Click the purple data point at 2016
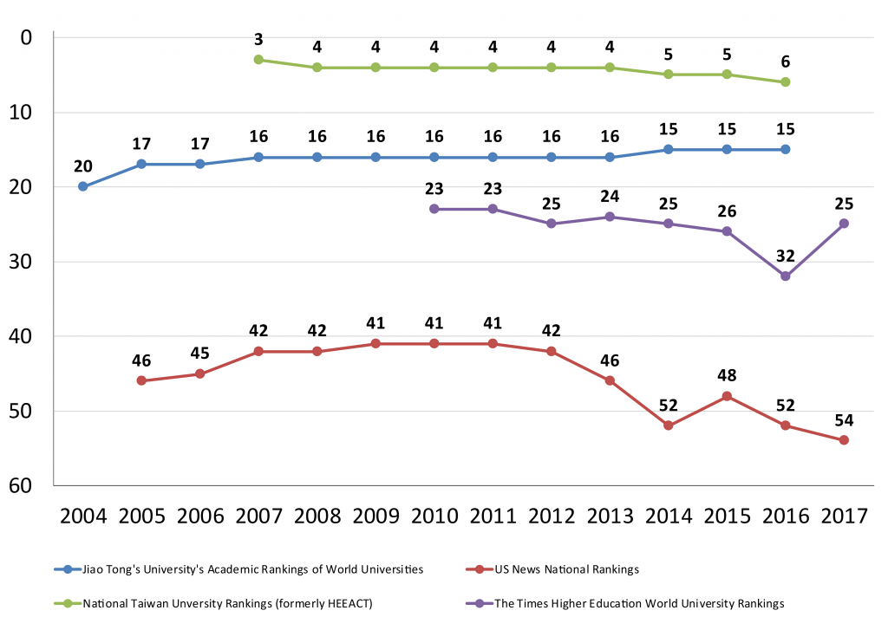click(786, 276)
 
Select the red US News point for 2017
click(844, 440)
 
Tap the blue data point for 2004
click(82, 186)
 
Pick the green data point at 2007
click(258, 60)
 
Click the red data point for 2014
click(669, 425)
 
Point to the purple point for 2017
click(844, 224)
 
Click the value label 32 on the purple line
click(786, 257)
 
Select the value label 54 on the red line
click(844, 420)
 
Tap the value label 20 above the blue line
click(82, 166)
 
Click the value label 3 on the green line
click(258, 39)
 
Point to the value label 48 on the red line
click(727, 376)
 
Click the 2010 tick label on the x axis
click(434, 517)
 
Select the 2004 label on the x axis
click(82, 517)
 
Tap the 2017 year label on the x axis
click(844, 517)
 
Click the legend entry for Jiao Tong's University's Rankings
click(251, 569)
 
